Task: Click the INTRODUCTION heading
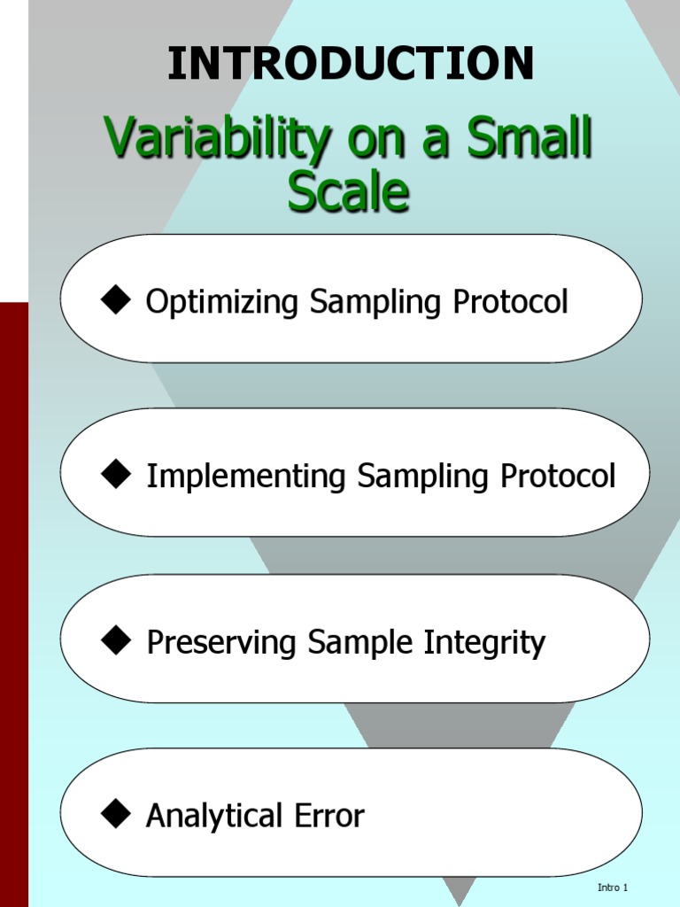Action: (351, 64)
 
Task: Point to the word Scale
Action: (348, 191)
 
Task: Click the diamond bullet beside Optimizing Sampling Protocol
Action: (116, 301)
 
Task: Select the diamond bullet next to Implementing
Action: (116, 475)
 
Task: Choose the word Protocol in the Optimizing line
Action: (511, 302)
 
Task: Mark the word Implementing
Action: (247, 477)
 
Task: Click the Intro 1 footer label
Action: (613, 888)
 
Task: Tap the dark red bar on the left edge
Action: (13, 602)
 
